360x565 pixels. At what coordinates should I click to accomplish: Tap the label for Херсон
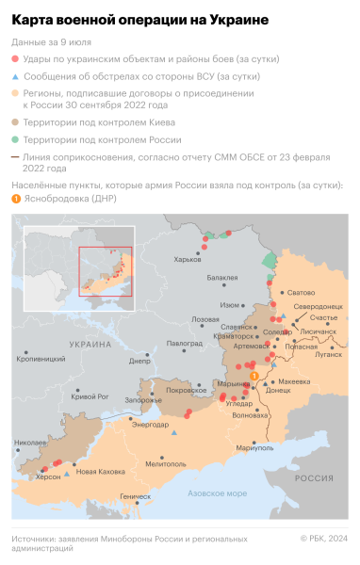click(48, 477)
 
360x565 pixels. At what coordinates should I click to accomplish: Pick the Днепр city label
click(139, 361)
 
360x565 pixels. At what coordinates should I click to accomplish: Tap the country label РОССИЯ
click(314, 478)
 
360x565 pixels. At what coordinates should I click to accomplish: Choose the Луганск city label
click(329, 355)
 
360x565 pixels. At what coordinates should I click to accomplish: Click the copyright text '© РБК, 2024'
click(323, 539)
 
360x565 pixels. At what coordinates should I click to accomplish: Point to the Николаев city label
click(31, 442)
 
